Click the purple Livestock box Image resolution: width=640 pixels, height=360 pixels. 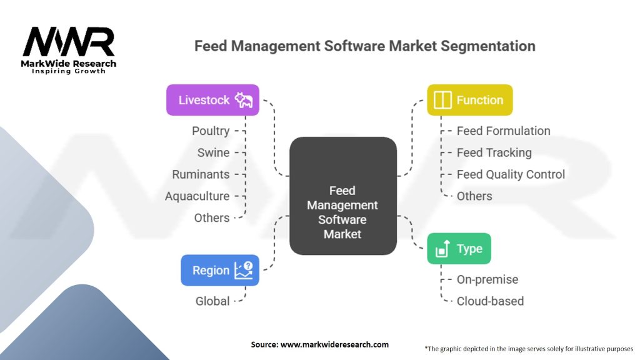tap(212, 100)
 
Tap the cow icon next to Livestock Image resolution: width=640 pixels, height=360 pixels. tap(243, 100)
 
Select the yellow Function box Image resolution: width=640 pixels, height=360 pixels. tap(469, 100)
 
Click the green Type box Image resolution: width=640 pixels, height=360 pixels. tap(459, 249)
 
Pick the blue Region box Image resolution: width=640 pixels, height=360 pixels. tap(220, 270)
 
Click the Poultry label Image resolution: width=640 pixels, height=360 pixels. tap(211, 131)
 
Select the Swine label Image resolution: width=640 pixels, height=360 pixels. tap(213, 152)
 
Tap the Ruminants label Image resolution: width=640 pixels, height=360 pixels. tap(201, 174)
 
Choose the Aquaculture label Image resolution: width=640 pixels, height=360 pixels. tap(197, 196)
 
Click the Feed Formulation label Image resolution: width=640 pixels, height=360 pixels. tap(503, 131)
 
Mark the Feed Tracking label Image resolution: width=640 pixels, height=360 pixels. tap(494, 152)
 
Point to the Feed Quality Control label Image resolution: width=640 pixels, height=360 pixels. tap(511, 174)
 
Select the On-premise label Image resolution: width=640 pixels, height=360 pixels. tap(487, 279)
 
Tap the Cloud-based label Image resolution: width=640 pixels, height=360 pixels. tap(490, 301)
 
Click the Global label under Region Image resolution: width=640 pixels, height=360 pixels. tap(212, 301)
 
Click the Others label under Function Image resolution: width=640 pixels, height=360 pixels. tap(474, 196)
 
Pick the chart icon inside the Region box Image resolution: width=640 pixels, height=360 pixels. tap(243, 270)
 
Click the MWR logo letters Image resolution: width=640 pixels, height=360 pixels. tap(69, 42)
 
